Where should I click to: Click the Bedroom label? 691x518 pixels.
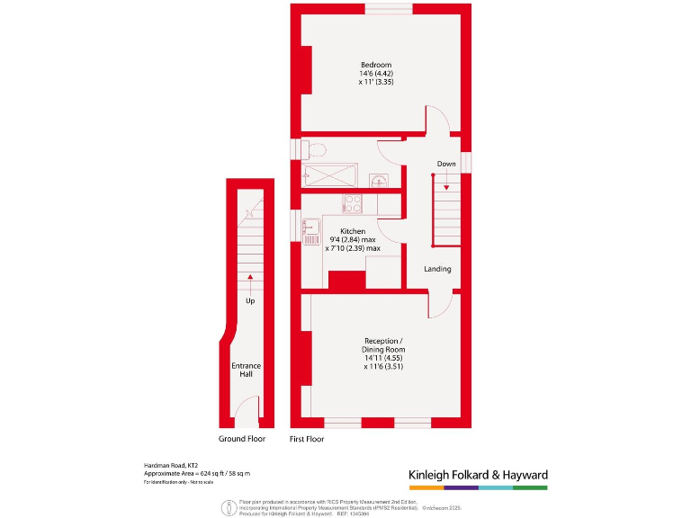(x=376, y=65)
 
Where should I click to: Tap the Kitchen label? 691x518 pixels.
(x=352, y=231)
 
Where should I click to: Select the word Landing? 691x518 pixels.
(x=437, y=269)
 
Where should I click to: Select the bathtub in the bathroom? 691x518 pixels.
(x=335, y=176)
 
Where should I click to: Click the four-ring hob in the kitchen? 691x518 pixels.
(x=352, y=203)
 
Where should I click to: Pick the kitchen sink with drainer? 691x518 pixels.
(x=310, y=234)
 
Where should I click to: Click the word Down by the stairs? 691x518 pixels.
(x=446, y=164)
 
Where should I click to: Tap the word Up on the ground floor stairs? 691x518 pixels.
(x=249, y=300)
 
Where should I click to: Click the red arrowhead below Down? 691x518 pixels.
(x=446, y=186)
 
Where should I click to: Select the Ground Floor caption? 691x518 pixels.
(x=242, y=439)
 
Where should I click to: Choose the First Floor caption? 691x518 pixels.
(x=307, y=439)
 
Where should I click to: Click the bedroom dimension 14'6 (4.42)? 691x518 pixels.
(x=376, y=74)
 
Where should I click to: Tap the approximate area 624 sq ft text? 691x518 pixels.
(x=197, y=473)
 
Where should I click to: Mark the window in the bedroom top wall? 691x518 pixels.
(x=389, y=9)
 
